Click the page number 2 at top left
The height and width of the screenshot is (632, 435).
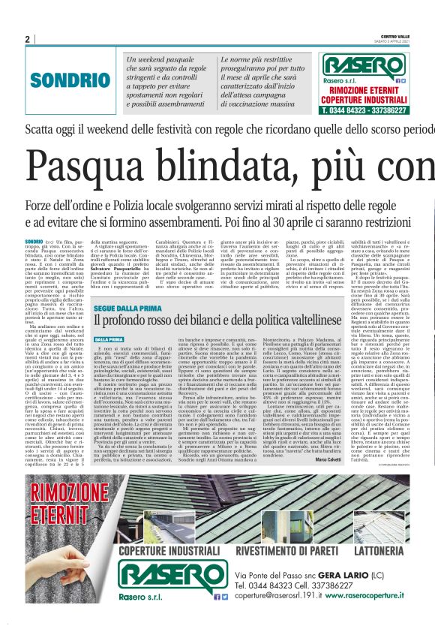(28, 39)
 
